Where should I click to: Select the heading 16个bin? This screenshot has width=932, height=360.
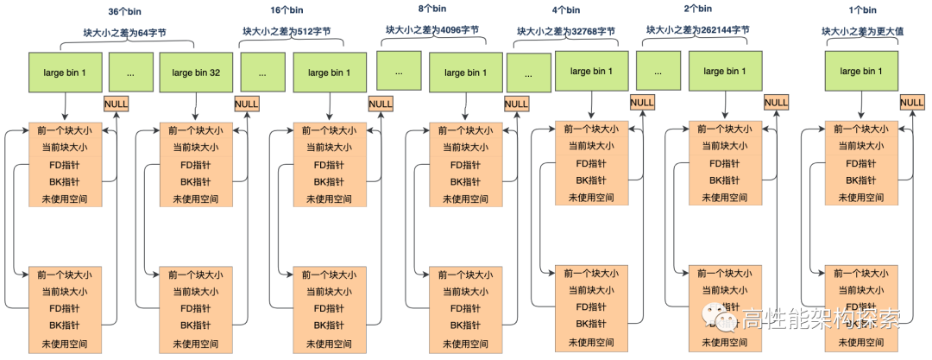tap(286, 10)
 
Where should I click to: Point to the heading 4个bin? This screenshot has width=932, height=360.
tap(566, 10)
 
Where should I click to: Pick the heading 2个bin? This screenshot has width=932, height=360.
tap(697, 9)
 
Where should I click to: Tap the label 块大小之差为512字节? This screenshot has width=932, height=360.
tap(286, 31)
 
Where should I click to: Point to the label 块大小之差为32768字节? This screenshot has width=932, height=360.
tap(566, 30)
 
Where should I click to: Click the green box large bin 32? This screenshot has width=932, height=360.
tap(196, 73)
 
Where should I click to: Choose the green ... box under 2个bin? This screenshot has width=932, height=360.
tap(658, 73)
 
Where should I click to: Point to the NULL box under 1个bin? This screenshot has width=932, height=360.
tap(911, 103)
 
